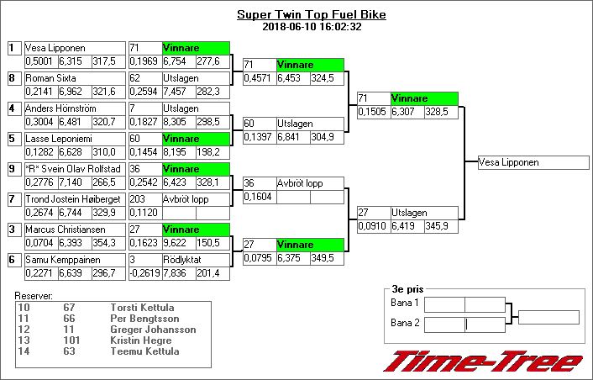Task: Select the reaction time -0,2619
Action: (x=144, y=273)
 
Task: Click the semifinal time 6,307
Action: (x=407, y=112)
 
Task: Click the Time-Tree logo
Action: (x=483, y=361)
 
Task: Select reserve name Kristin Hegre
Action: (x=140, y=340)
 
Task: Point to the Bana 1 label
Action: (x=405, y=303)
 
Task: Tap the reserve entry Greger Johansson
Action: (x=153, y=330)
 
